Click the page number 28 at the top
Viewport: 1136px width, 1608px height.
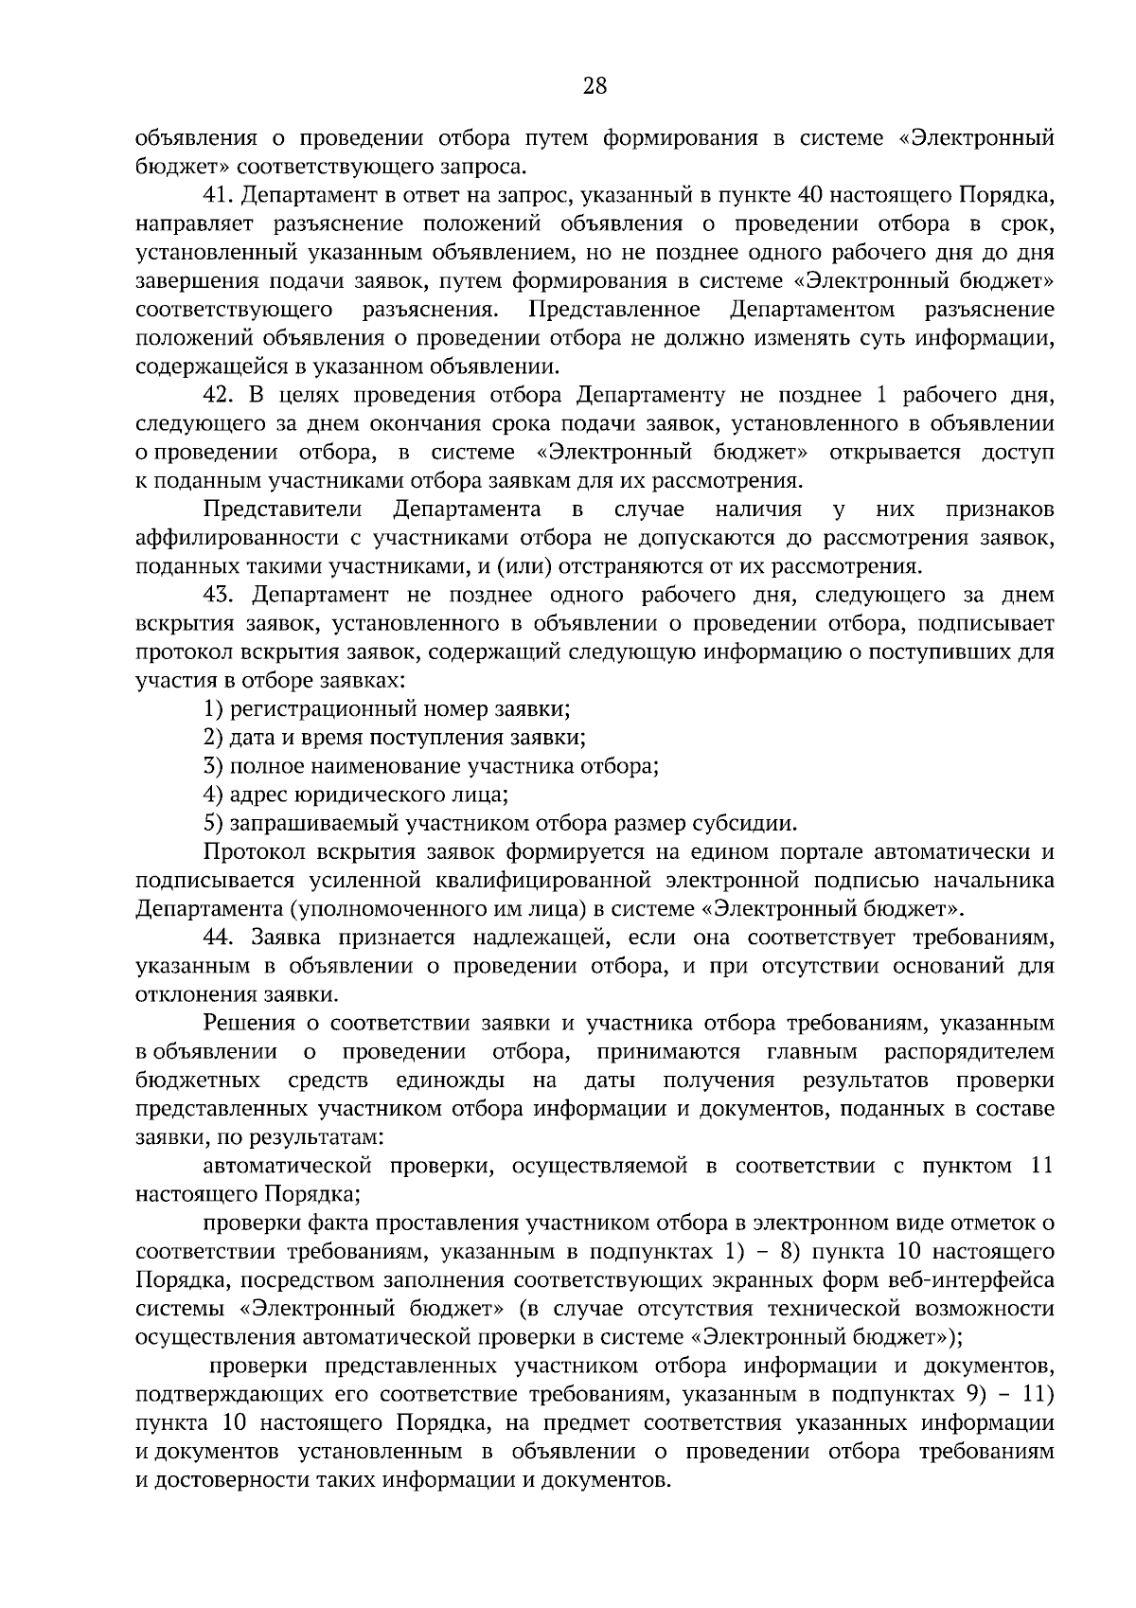tap(594, 87)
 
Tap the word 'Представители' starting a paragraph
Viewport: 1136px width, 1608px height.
tap(283, 509)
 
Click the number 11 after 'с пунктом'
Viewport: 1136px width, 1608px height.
tap(1040, 1166)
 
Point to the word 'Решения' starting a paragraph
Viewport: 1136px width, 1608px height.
tap(242, 1023)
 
